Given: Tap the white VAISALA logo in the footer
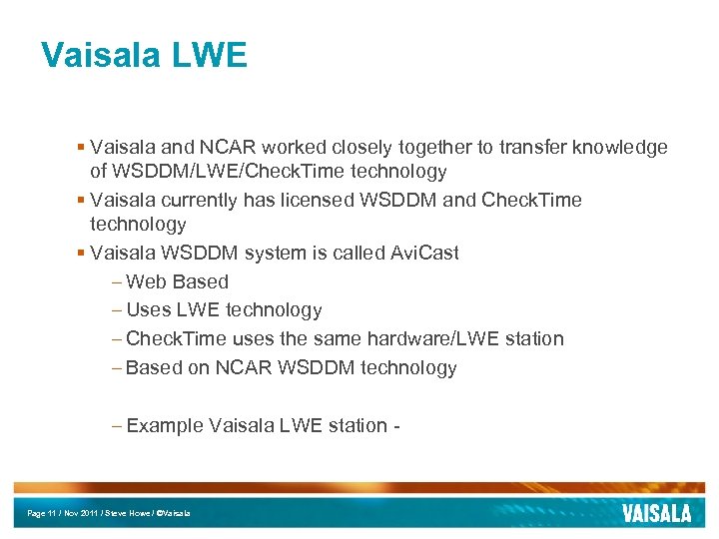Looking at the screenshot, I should pos(656,513).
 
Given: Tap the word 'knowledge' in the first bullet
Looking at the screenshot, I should pos(620,148).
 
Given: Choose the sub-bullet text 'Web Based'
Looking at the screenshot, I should pos(178,281).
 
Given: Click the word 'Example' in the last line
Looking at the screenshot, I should pos(165,425).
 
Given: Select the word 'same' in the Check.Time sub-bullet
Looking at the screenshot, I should pos(341,338).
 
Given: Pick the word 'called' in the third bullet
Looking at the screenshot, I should pos(346,253).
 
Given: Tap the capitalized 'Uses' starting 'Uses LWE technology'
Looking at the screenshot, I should pos(149,310).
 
